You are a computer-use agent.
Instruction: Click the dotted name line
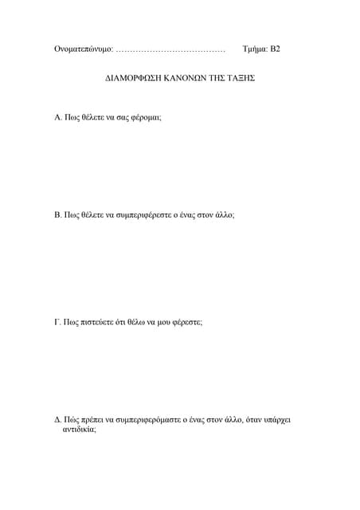(x=170, y=50)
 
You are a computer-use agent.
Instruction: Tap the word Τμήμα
(x=255, y=49)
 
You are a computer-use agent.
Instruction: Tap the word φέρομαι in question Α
(x=144, y=117)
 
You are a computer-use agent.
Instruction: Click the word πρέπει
(x=97, y=418)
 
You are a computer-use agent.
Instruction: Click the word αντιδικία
(x=79, y=429)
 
